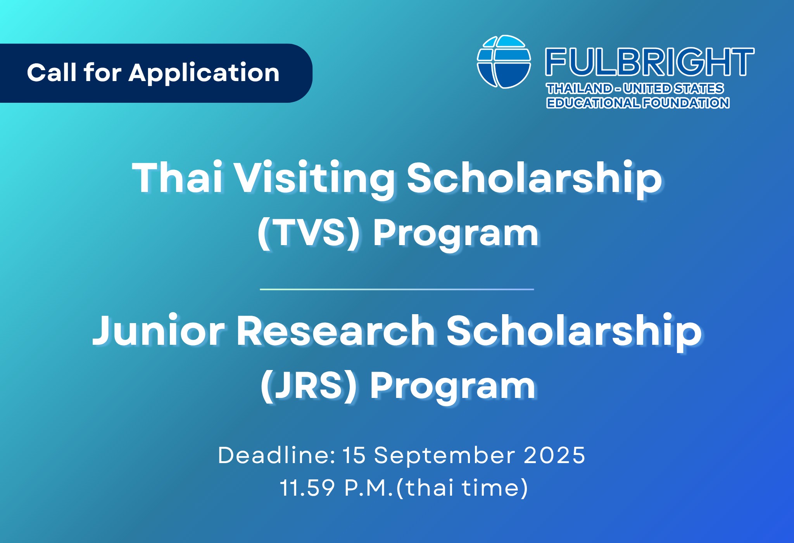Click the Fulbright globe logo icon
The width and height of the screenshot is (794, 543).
point(504,62)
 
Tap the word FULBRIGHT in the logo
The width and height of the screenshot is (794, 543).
point(649,62)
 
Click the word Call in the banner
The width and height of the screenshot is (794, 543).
point(52,73)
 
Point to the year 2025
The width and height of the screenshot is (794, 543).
point(554,455)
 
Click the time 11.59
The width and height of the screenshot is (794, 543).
point(307,488)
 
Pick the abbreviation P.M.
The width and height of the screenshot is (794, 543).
point(369,488)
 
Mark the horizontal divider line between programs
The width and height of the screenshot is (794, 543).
point(397,289)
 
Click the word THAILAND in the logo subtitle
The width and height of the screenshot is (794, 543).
point(579,89)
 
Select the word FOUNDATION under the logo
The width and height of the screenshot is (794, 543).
point(686,103)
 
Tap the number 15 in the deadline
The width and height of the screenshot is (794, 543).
point(354,455)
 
